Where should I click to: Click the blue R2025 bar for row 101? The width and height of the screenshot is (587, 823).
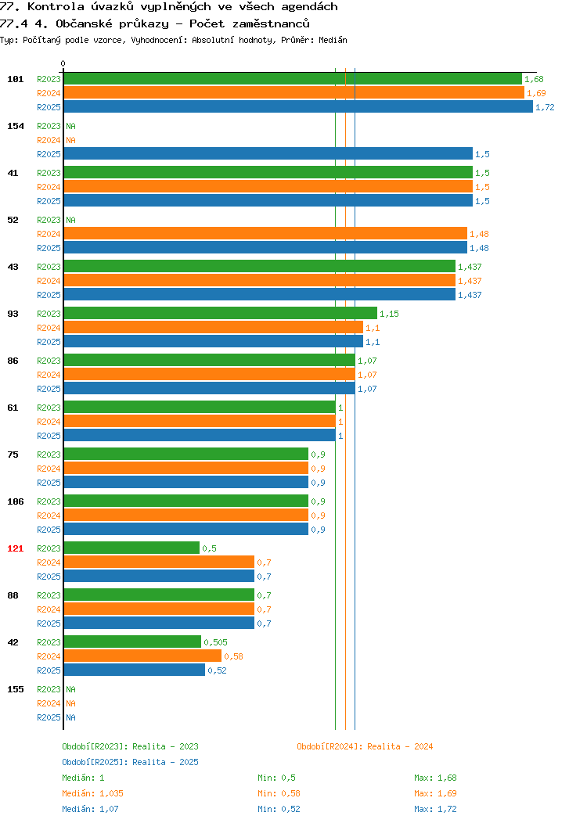point(298,106)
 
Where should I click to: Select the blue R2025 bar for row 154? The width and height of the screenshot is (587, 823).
point(268,154)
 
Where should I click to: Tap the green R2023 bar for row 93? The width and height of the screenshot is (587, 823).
point(221,314)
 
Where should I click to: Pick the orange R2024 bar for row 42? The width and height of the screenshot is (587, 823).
point(142,656)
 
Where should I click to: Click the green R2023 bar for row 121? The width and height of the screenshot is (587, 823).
point(131,548)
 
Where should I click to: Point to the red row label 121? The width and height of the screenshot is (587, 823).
point(15,548)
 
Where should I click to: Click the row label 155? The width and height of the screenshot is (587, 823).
point(15,689)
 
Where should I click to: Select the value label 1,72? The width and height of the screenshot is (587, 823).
point(545,107)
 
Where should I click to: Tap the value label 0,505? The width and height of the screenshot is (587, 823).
point(216,642)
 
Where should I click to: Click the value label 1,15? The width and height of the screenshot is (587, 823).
point(390,314)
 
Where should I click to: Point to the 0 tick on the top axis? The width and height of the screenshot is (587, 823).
point(63,63)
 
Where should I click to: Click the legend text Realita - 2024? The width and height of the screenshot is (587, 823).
point(400,746)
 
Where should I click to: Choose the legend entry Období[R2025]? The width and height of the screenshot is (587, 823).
point(95,762)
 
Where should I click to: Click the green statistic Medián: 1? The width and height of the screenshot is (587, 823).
point(83,778)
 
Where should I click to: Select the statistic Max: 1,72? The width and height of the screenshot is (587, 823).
point(435,810)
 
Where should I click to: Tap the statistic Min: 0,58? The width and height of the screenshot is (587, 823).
point(279,793)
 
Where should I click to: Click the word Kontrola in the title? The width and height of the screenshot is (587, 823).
point(56,7)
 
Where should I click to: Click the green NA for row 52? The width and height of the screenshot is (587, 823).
point(71,220)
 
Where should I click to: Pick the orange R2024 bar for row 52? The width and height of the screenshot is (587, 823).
point(265,234)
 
